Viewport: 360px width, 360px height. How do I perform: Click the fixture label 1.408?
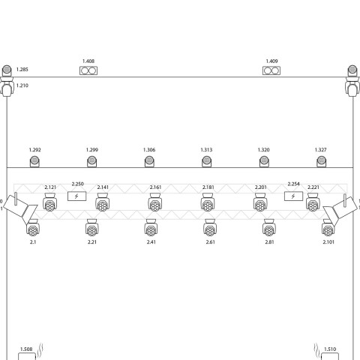(x=88, y=61)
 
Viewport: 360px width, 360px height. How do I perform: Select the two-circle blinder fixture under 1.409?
(x=271, y=70)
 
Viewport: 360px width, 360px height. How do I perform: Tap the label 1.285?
(x=22, y=69)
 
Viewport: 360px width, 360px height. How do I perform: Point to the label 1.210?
(x=22, y=85)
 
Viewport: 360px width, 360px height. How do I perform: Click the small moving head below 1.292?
(x=34, y=161)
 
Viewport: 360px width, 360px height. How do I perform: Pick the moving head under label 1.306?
(x=149, y=161)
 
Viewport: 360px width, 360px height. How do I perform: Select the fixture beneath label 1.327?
(x=321, y=161)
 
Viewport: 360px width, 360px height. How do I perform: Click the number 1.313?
(x=206, y=150)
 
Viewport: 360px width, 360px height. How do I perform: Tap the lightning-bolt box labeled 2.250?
(x=77, y=196)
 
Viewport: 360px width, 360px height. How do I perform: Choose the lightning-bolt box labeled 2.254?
(x=293, y=196)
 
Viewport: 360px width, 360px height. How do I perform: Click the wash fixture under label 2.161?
(x=155, y=202)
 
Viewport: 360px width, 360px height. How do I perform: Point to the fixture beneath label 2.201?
(x=260, y=202)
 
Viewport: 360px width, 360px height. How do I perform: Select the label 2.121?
(x=50, y=187)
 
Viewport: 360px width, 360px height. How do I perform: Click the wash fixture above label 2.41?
(x=151, y=227)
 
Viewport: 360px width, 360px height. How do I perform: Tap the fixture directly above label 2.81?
(x=269, y=227)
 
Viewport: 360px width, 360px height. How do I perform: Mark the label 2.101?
(x=328, y=242)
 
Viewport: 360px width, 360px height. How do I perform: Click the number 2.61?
(x=210, y=242)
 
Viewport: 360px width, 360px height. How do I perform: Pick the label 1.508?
(x=26, y=349)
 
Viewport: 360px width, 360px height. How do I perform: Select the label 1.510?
(x=330, y=349)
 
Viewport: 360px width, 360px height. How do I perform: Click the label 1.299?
(x=92, y=150)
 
